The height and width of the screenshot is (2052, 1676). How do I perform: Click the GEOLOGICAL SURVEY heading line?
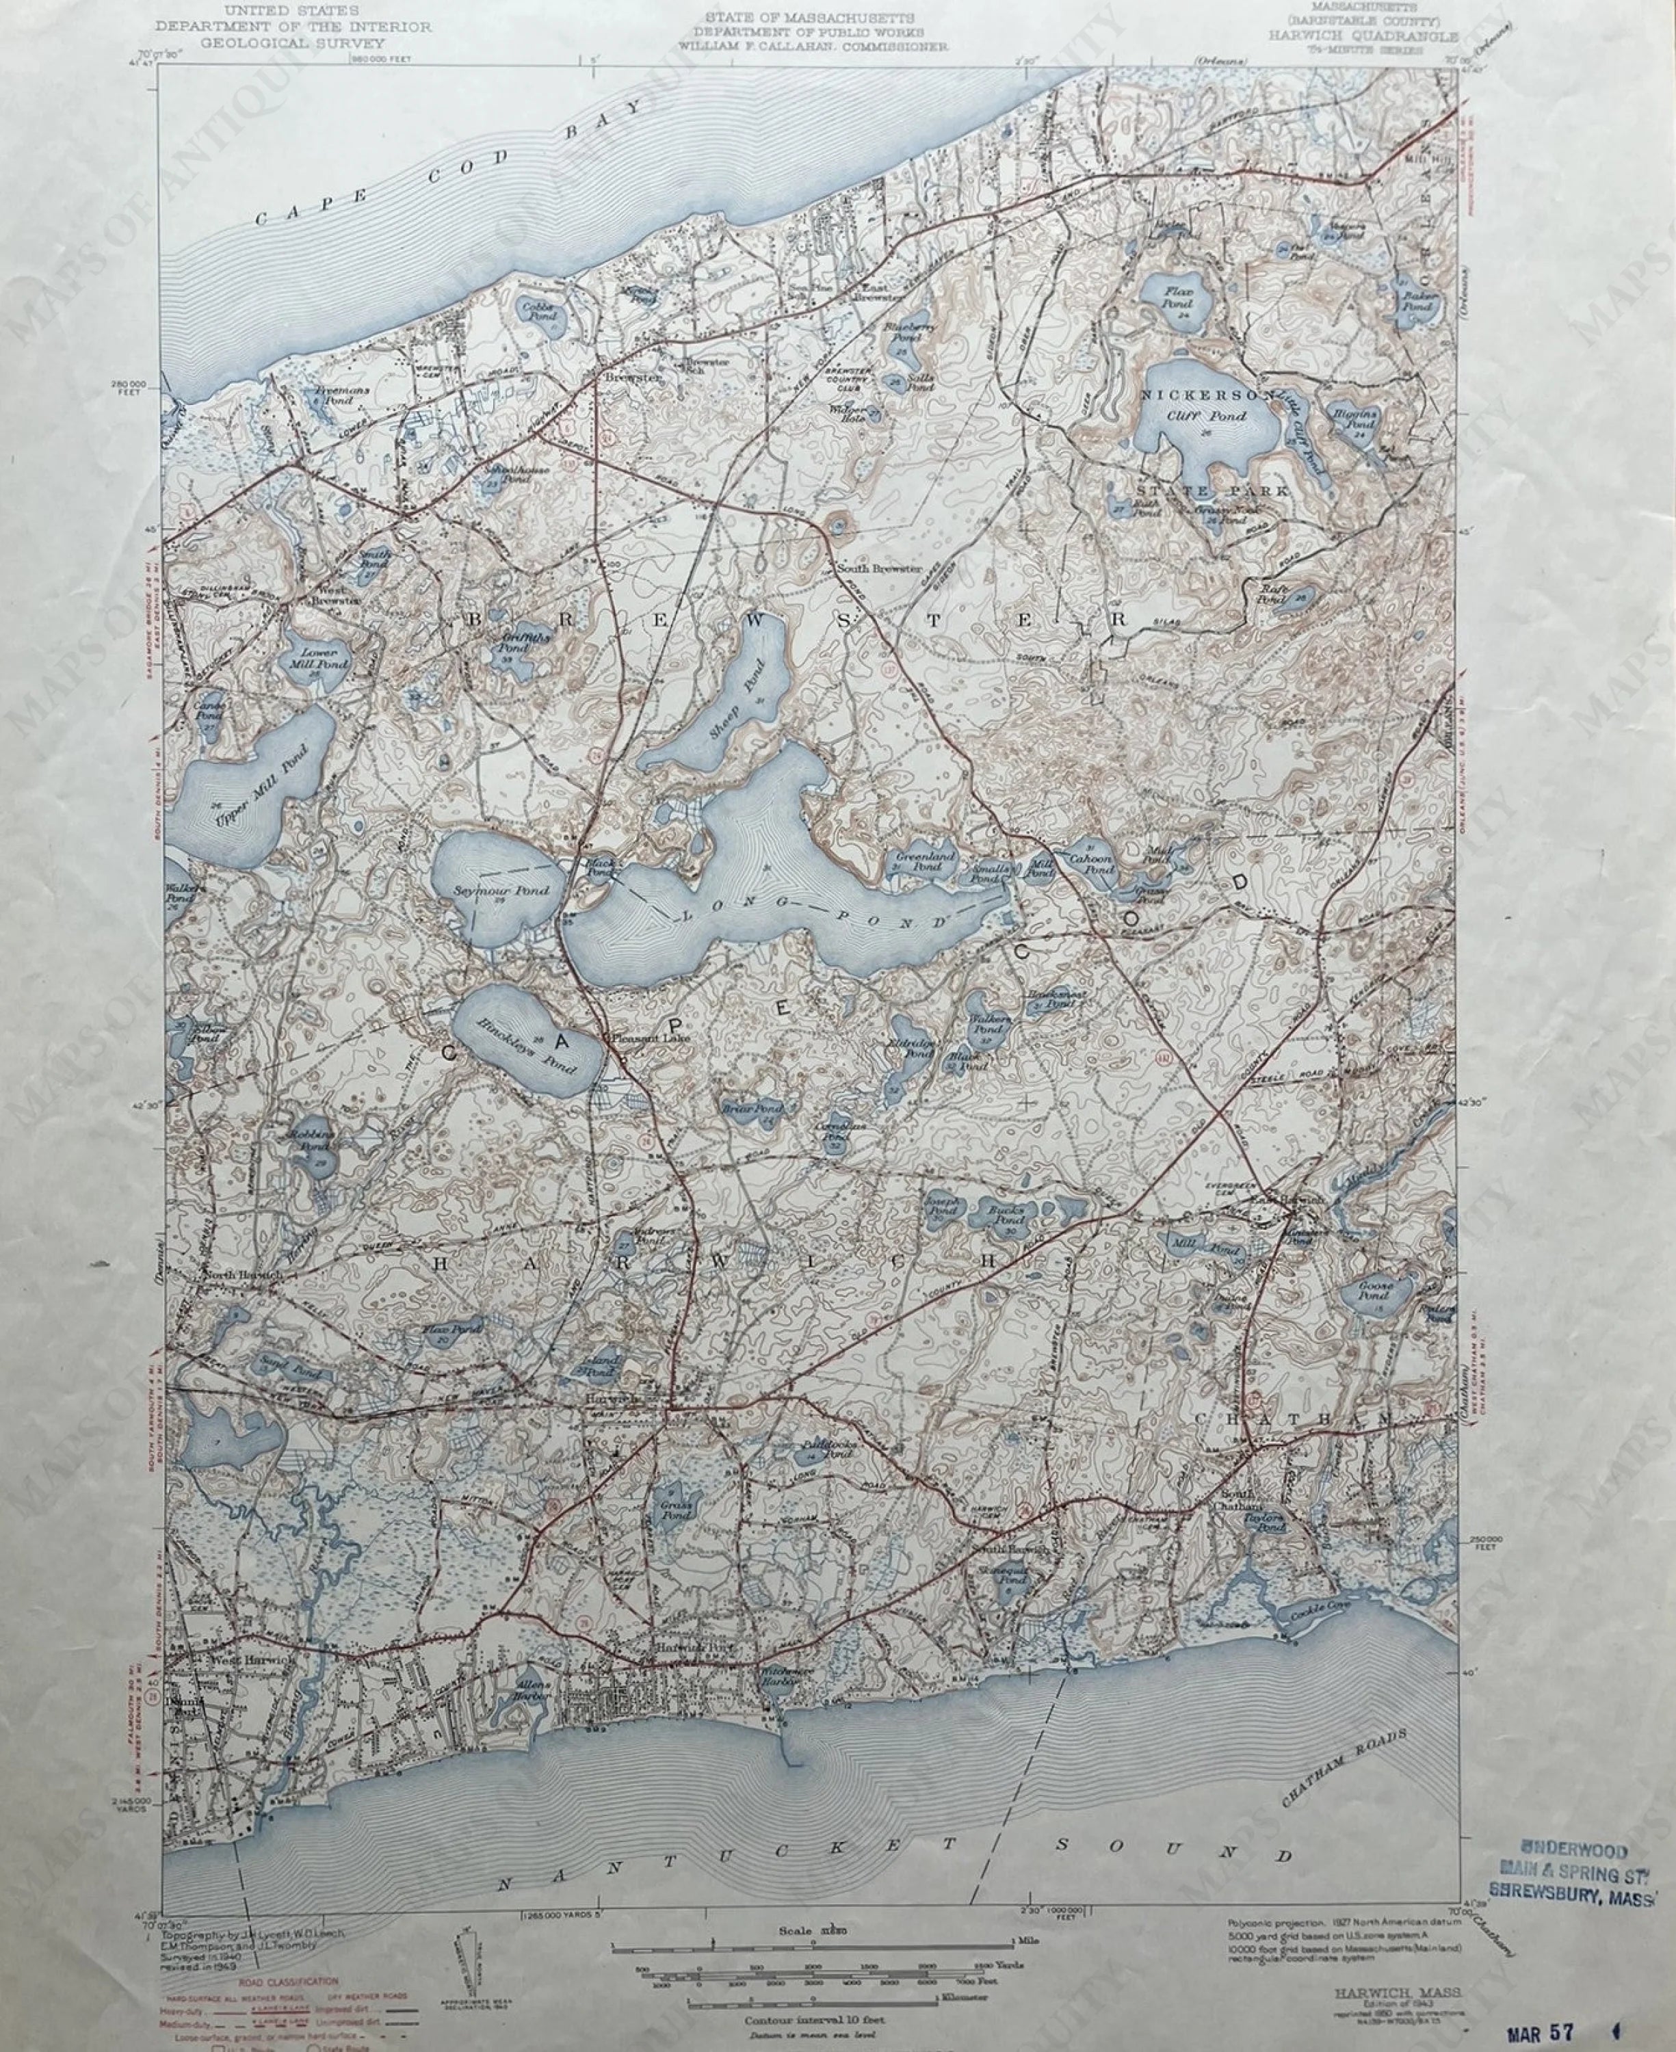(x=293, y=43)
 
